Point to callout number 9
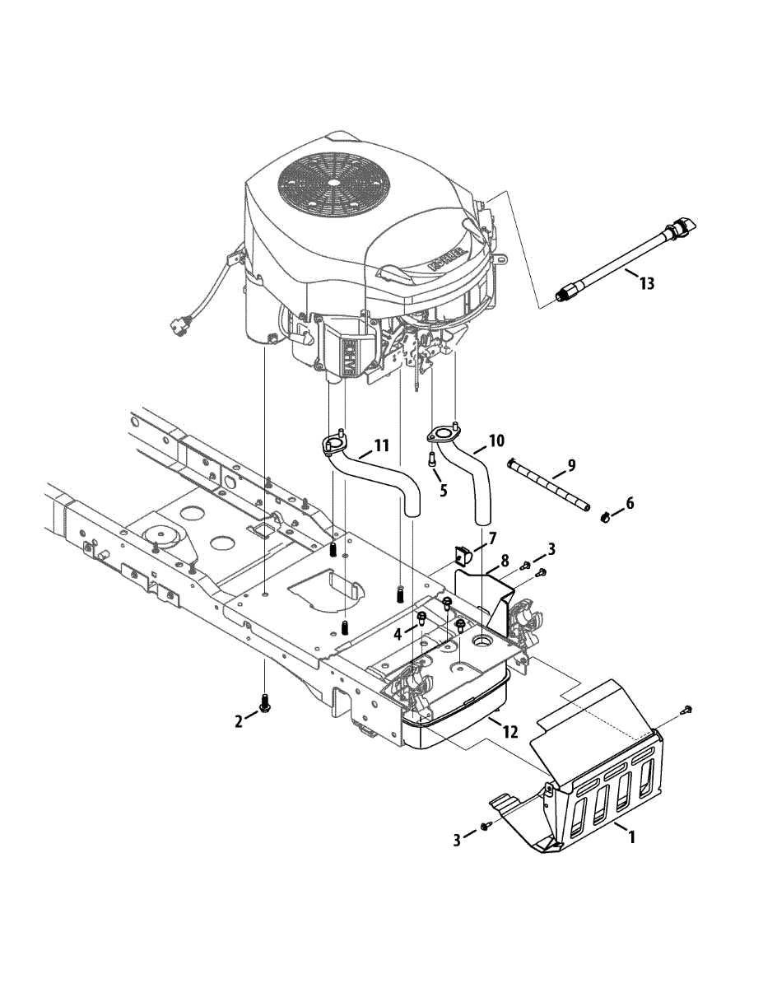pos(570,464)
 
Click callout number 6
pos(630,501)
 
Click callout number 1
pos(632,837)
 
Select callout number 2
pos(239,721)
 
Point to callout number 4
pos(398,634)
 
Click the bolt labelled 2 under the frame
pos(264,702)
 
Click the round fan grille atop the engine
pos(335,182)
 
